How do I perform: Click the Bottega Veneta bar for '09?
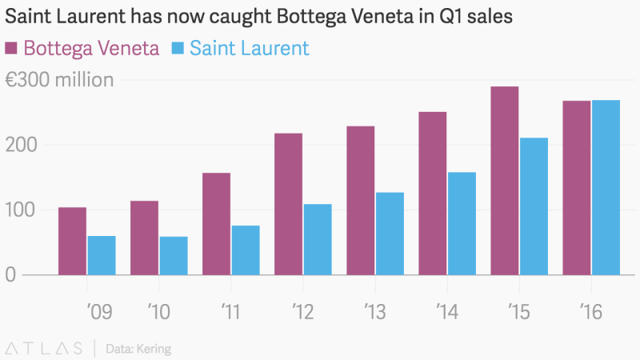click(72, 241)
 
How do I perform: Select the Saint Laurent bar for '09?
click(102, 255)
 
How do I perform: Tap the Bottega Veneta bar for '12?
click(288, 204)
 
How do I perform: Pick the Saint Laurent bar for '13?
click(390, 234)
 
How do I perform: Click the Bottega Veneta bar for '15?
click(504, 181)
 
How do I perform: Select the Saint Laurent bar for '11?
click(246, 250)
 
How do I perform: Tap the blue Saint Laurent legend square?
click(177, 48)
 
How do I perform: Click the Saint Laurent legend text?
click(249, 48)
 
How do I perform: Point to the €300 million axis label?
click(59, 80)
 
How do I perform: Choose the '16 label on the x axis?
click(590, 310)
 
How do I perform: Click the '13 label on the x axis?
click(374, 310)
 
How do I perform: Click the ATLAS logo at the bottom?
click(44, 348)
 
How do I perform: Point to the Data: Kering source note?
click(138, 349)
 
